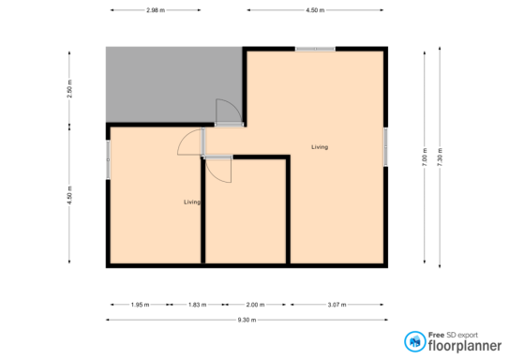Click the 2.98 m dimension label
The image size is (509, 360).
(156, 10)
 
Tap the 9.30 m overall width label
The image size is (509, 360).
(247, 320)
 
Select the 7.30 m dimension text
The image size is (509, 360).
(440, 157)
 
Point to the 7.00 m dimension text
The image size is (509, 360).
(425, 157)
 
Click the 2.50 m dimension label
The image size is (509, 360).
(69, 89)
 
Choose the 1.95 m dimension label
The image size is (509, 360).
(140, 305)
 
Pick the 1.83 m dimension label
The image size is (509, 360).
(197, 305)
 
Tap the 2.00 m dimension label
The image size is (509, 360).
(255, 305)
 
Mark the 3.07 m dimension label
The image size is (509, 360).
(337, 305)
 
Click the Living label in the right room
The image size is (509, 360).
(320, 147)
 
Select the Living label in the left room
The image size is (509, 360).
(192, 202)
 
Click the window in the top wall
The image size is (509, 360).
(315, 49)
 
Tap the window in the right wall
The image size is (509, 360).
(385, 147)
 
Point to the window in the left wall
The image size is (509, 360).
(108, 159)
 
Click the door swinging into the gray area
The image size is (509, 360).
(229, 112)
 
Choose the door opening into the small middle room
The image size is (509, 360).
(218, 169)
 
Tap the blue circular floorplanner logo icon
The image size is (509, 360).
(415, 341)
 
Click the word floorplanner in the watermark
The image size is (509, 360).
(465, 346)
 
